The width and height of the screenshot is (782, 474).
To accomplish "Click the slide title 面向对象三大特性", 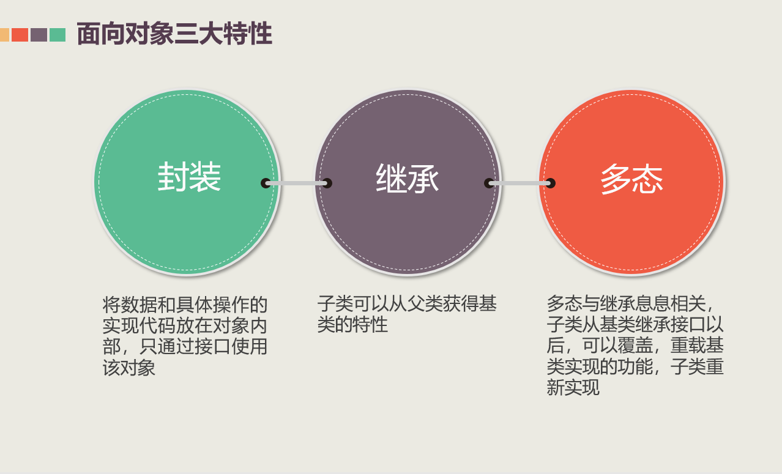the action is (x=174, y=34).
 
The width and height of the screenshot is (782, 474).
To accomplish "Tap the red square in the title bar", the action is (x=20, y=35).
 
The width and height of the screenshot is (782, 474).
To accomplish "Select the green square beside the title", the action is (x=58, y=35).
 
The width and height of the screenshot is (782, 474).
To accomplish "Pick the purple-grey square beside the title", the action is (x=39, y=35).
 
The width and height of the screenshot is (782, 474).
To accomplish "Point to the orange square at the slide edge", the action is (x=4, y=35).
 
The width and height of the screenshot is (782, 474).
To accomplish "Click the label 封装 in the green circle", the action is (x=189, y=178).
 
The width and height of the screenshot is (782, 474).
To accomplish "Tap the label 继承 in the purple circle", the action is (x=408, y=179).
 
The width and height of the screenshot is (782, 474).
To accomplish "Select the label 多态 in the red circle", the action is (x=631, y=179).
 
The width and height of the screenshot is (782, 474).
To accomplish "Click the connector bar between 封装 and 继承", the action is (x=296, y=183).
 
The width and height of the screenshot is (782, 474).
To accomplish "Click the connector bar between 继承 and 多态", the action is (x=519, y=183).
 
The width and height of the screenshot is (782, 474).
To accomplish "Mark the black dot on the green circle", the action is (x=266, y=183).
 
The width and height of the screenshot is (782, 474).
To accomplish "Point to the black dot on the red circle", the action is (x=550, y=183).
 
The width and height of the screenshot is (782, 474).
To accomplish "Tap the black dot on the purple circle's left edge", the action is (x=327, y=183).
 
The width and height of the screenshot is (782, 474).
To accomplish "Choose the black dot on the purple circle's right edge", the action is (x=489, y=183).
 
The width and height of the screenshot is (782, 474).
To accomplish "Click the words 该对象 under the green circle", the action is (x=129, y=368).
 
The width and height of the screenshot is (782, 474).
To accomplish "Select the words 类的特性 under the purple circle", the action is (x=352, y=325).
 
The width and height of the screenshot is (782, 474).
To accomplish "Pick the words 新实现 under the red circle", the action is (x=573, y=387).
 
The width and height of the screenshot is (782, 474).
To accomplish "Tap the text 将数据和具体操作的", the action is (x=185, y=304).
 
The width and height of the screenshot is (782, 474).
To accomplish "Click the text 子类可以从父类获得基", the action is (x=407, y=303).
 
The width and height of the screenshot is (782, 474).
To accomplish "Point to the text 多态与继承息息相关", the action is (x=627, y=303).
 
